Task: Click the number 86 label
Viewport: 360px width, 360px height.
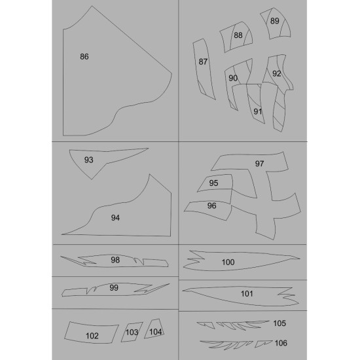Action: point(84,57)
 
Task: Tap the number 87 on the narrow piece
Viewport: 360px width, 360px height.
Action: point(203,62)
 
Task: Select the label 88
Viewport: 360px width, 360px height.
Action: point(238,35)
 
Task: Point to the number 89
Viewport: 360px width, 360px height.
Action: point(274,21)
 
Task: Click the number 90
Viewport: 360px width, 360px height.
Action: point(233,78)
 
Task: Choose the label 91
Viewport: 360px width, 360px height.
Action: point(258,111)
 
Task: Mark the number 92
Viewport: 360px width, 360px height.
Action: point(276,74)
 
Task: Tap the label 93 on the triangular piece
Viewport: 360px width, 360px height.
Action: point(89,160)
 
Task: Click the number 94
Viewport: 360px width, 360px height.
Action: point(115,217)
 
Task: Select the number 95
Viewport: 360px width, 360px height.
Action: point(213,183)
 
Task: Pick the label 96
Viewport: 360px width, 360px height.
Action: point(211,206)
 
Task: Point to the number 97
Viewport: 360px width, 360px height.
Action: point(259,163)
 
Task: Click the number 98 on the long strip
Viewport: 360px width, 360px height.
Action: point(115,260)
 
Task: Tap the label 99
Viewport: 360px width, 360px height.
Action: point(114,287)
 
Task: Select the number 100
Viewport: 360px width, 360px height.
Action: point(228,262)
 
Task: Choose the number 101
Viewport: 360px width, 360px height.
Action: point(247,294)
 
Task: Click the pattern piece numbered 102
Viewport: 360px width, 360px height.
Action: point(92,335)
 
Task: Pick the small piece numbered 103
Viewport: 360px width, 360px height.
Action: point(132,333)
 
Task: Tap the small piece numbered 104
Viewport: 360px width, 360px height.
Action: point(155,331)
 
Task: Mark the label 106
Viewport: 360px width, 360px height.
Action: point(281,343)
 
